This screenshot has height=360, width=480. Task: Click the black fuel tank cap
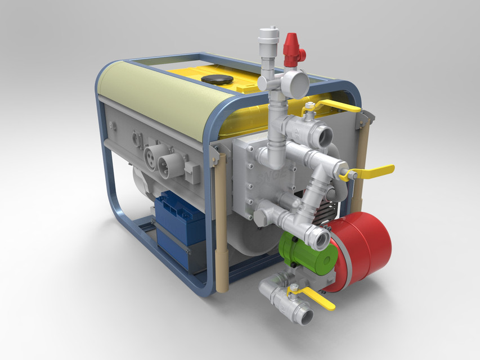[x=218, y=79]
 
